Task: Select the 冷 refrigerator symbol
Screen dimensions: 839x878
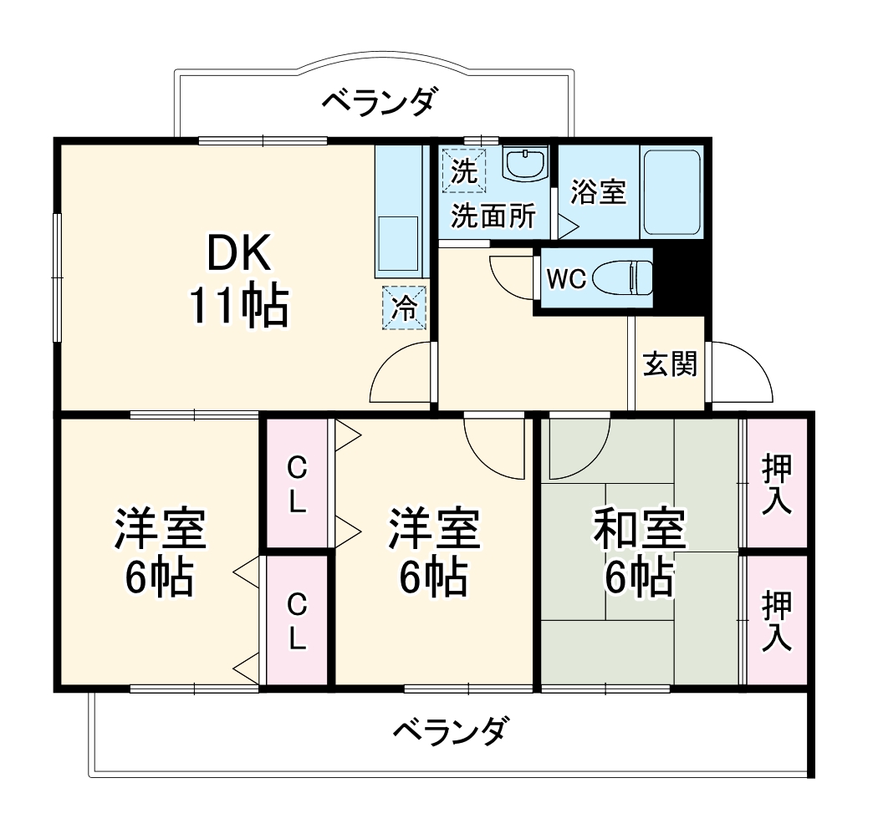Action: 405,308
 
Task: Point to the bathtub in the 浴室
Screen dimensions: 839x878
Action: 671,192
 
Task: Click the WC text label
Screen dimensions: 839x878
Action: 566,279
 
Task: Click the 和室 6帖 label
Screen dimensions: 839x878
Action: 640,552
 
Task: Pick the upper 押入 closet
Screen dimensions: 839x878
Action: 777,485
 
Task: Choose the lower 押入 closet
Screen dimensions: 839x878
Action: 777,620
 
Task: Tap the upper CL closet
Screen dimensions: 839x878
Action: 297,485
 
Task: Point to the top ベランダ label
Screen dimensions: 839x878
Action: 379,102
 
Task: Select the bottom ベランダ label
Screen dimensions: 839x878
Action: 450,732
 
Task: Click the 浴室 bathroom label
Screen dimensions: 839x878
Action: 598,192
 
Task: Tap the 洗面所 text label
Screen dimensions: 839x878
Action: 493,216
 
